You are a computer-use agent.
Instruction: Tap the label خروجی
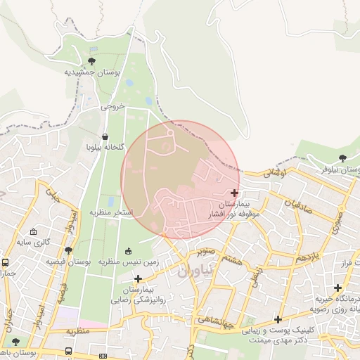click(x=112, y=107)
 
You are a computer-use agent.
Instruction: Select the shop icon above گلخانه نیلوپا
click(x=105, y=136)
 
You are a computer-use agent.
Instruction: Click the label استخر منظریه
click(x=111, y=212)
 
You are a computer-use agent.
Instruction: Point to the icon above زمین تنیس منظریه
click(x=128, y=251)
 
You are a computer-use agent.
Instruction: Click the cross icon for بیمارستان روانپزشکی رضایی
click(x=138, y=279)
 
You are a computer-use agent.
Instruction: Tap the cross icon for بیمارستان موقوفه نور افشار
click(x=234, y=193)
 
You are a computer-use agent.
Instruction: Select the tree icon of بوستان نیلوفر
click(x=342, y=158)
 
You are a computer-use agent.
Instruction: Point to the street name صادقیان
click(x=298, y=204)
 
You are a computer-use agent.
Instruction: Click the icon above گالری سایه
click(x=34, y=231)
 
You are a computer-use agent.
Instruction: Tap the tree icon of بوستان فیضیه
click(x=68, y=250)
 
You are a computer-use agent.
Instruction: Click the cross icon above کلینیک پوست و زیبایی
click(x=278, y=319)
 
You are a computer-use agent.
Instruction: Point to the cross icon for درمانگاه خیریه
click(x=338, y=288)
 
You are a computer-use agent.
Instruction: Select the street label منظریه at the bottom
click(x=79, y=330)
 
